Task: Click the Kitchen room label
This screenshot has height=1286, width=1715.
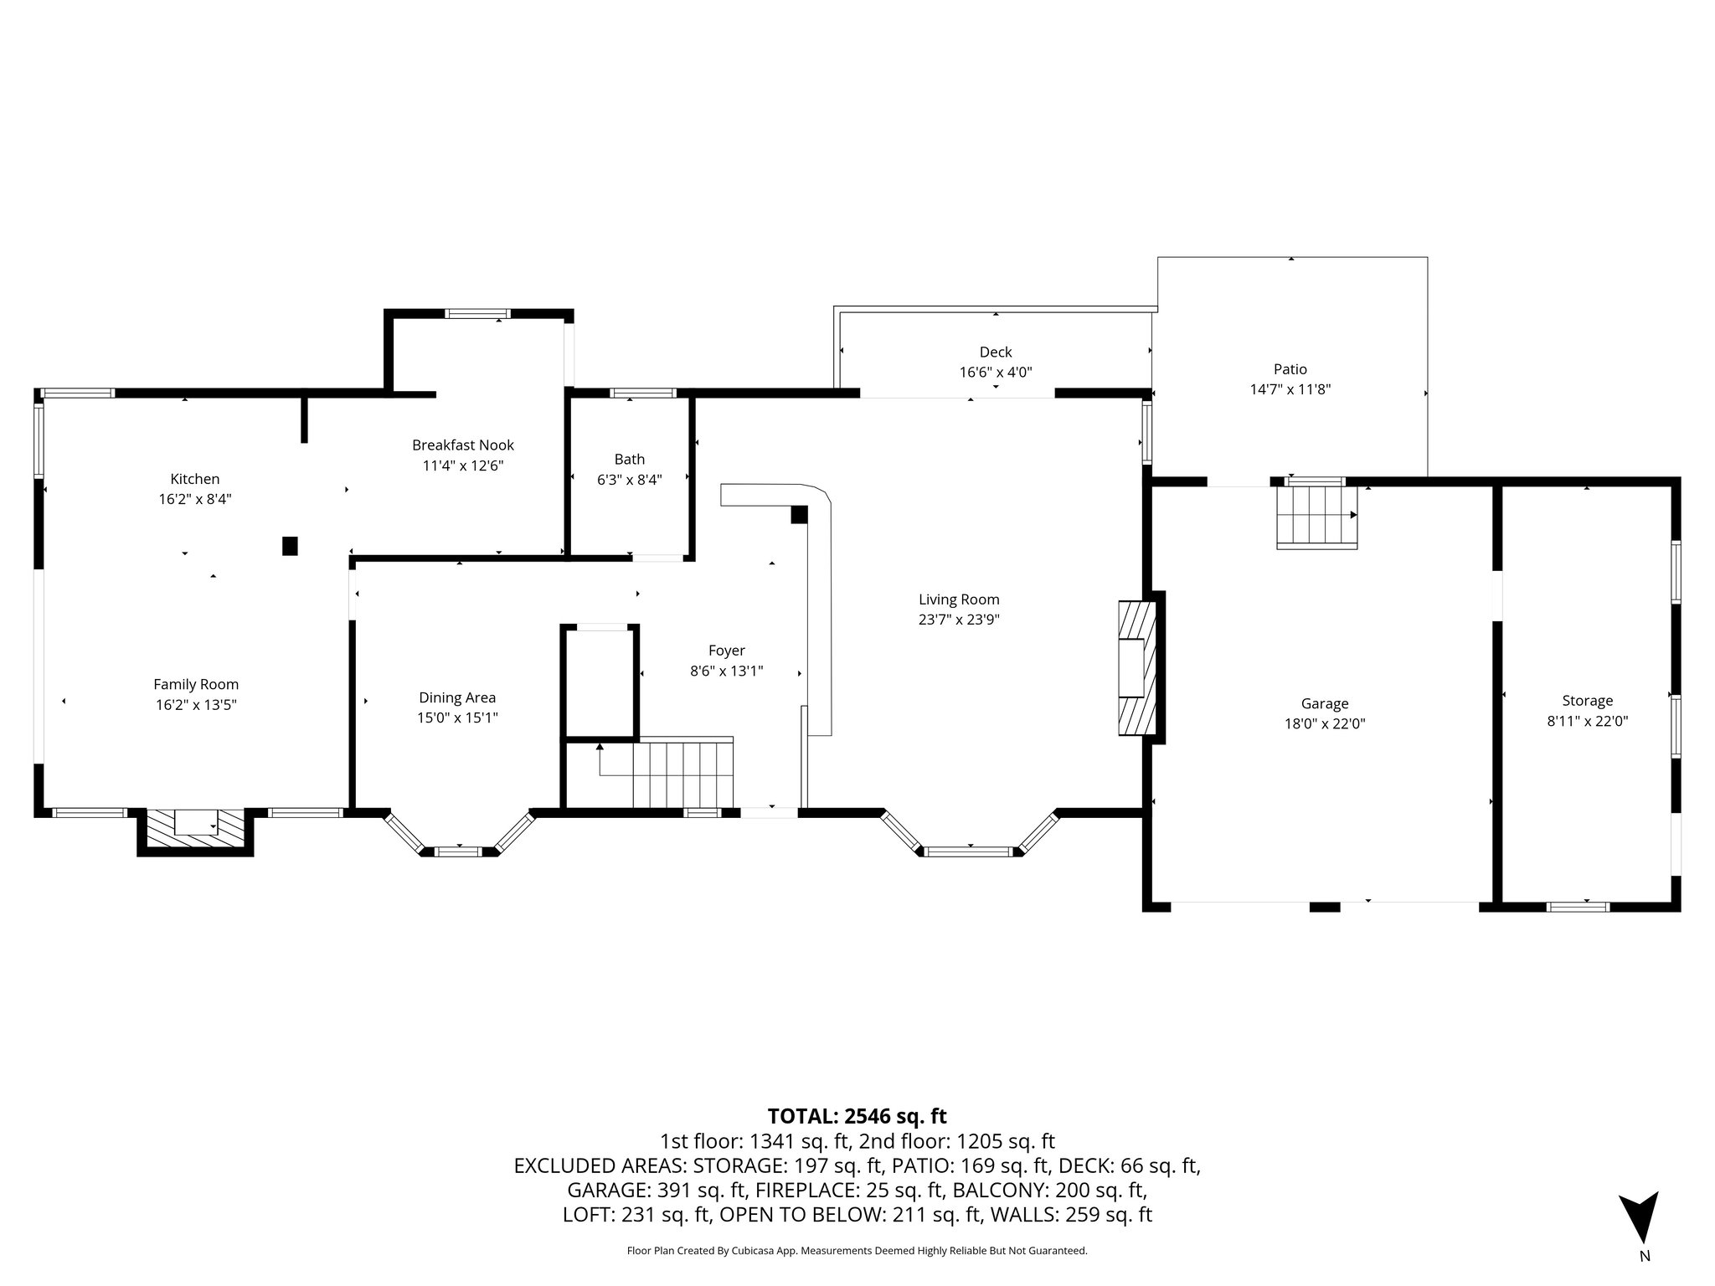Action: (x=195, y=479)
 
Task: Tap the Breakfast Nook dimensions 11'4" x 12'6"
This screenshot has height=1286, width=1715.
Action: (x=463, y=466)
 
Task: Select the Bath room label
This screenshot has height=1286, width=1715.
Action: (x=630, y=459)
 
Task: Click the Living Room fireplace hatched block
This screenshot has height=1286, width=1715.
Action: (x=1137, y=667)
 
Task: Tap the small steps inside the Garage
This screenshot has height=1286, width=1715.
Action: (x=1316, y=517)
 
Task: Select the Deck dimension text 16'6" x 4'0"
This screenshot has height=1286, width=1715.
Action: (x=996, y=373)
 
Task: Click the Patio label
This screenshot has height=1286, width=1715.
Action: (x=1290, y=369)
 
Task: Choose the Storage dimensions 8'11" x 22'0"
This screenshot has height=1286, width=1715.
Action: (x=1587, y=721)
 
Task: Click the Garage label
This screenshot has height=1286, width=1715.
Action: (x=1325, y=704)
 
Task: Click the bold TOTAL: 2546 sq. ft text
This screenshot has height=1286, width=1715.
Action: (x=857, y=1116)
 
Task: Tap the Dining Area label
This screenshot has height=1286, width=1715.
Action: (x=457, y=697)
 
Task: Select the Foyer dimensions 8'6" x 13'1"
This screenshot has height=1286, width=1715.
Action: (x=726, y=671)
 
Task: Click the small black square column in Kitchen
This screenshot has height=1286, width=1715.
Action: (x=290, y=546)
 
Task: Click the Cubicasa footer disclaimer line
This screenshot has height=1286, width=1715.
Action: (x=857, y=1251)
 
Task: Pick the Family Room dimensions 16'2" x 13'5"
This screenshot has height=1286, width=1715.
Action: (x=196, y=705)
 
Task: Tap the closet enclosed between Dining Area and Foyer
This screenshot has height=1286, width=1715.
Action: (x=600, y=682)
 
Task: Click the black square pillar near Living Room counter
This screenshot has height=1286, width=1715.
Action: (x=799, y=515)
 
